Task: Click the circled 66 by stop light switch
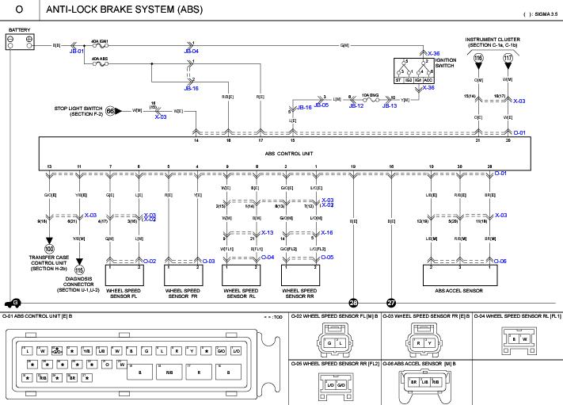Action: [x=112, y=111]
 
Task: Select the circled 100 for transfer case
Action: [x=49, y=248]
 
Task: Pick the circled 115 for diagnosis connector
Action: [x=79, y=270]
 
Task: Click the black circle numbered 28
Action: [x=353, y=302]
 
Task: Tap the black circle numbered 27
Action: [x=391, y=302]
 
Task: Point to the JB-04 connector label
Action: [x=191, y=52]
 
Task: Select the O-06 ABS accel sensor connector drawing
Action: [x=426, y=381]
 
